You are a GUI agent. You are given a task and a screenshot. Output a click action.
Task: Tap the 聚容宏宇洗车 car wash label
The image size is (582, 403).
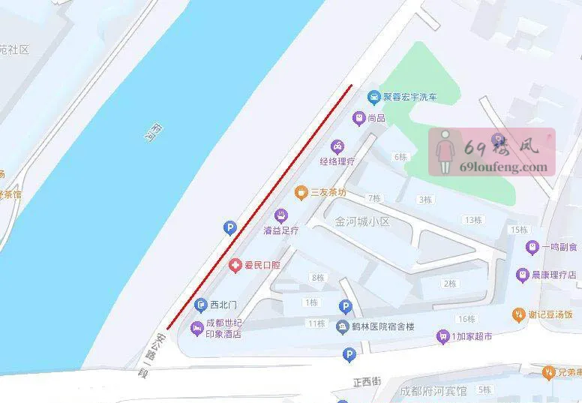pos(410,97)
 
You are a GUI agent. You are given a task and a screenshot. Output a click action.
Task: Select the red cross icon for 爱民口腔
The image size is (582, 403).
pos(235,265)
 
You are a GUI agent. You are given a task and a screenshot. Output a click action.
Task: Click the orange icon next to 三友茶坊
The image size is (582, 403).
pos(301,192)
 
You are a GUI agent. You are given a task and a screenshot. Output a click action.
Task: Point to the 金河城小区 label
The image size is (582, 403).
pos(363,222)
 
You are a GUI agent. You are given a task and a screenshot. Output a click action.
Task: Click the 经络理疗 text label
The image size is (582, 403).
pos(337,161)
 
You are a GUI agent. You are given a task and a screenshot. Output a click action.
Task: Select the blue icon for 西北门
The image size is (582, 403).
pos(200,305)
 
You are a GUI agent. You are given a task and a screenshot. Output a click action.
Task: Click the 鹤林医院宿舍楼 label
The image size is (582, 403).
pos(383,326)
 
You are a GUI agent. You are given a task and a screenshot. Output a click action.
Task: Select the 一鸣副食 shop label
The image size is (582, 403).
pos(559,247)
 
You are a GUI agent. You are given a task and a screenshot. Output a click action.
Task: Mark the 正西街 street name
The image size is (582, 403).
pos(367,382)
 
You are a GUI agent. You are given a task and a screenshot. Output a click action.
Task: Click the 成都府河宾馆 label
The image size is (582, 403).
pos(433,391)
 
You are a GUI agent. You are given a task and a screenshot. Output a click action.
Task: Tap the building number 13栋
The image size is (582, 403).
pos(472,220)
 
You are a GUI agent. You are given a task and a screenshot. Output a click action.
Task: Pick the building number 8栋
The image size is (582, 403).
pos(317,278)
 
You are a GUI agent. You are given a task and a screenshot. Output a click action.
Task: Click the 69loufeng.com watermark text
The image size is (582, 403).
pos(503,167)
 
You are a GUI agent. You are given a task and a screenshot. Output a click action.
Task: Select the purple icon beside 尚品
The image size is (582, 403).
pos(359,118)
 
